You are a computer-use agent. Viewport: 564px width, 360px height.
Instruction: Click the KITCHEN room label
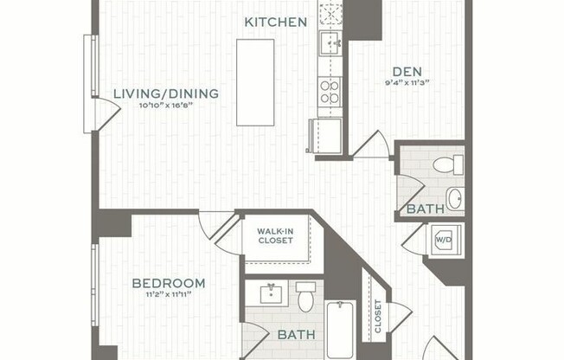[x=275, y=22]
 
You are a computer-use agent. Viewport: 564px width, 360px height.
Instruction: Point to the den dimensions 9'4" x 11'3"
[x=407, y=84]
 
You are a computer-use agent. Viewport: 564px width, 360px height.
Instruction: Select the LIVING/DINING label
[x=166, y=93]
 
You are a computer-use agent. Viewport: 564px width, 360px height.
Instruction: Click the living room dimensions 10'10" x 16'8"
[x=166, y=106]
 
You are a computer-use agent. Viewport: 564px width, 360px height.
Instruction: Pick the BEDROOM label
[x=169, y=283]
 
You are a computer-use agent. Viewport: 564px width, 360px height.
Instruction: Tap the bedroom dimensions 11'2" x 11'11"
[x=169, y=295]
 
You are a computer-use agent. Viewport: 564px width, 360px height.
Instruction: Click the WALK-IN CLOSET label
[x=275, y=235]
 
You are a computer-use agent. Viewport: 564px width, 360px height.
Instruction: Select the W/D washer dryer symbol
[x=445, y=239]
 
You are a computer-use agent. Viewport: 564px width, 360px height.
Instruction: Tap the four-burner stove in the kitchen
[x=330, y=91]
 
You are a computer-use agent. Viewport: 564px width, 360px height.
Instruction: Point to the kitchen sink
[x=330, y=42]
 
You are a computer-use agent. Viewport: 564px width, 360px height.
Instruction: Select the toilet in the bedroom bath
[x=305, y=298]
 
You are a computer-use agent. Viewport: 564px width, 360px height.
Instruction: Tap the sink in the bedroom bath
[x=272, y=293]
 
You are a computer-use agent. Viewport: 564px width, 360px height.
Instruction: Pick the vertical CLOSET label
[x=378, y=317]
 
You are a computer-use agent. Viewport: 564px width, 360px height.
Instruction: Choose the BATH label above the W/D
[x=426, y=209]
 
